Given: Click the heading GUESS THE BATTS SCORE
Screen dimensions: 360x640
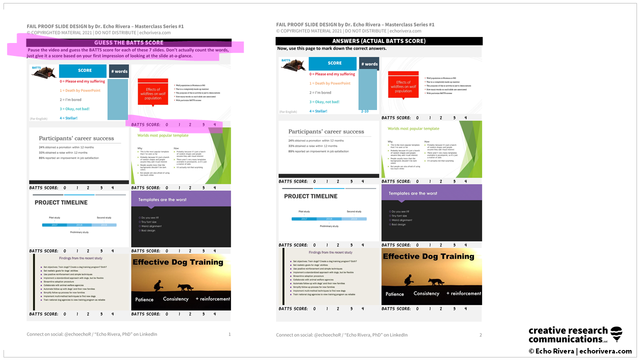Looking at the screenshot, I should [x=128, y=43].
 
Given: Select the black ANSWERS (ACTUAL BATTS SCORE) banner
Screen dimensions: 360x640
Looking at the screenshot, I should [x=378, y=41].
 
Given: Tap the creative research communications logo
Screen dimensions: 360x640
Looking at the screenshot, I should [x=575, y=334].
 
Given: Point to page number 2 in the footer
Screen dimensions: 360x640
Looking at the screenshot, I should [x=480, y=335].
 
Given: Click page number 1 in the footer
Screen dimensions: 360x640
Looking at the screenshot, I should [x=229, y=334].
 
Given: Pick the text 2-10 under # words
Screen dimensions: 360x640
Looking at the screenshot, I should [x=364, y=111].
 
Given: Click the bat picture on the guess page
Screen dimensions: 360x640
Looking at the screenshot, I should [x=43, y=72].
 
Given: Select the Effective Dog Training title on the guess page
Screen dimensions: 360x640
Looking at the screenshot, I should [x=177, y=262].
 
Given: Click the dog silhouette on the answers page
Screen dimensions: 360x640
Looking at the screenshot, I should [x=435, y=281].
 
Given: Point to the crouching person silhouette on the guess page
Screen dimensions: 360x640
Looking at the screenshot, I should [x=158, y=286].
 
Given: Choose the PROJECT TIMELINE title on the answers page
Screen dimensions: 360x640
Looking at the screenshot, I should [x=310, y=196].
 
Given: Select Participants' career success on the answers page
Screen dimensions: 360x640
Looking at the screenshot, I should [x=326, y=131].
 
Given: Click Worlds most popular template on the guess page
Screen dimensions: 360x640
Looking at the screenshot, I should [x=163, y=135].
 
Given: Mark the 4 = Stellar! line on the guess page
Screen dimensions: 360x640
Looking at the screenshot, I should [x=68, y=118].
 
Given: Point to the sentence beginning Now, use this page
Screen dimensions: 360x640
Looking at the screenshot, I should [x=332, y=48].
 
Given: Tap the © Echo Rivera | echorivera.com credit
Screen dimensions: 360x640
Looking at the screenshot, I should [x=580, y=351].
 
